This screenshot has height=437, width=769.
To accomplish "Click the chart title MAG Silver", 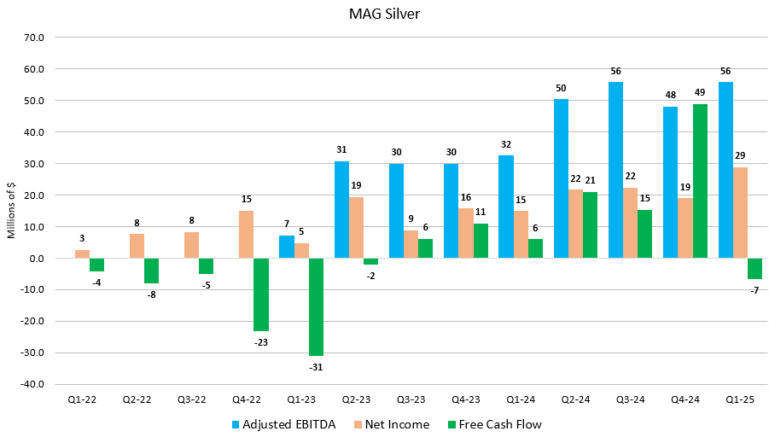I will [x=384, y=15].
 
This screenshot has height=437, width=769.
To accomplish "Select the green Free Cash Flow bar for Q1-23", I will [x=316, y=306].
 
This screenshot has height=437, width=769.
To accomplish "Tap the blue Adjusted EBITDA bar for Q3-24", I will [x=615, y=170].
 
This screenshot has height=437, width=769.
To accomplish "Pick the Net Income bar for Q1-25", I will [x=740, y=213].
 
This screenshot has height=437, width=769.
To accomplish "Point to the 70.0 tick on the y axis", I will [x=38, y=38].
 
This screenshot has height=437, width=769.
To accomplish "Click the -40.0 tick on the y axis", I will [x=36, y=384].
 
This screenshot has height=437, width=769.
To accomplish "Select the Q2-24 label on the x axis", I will [x=576, y=399].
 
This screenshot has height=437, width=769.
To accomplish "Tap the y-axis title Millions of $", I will [x=12, y=211].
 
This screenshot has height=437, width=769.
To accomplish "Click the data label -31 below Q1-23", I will [x=316, y=367].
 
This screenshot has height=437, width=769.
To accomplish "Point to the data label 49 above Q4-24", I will [x=701, y=93].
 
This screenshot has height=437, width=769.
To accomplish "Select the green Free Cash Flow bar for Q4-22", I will [x=260, y=294].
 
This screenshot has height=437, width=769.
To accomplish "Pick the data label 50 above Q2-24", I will [x=561, y=88].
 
